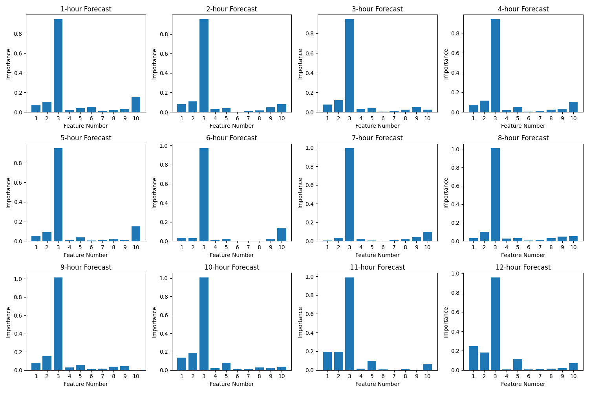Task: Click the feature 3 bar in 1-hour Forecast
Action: pos(58,66)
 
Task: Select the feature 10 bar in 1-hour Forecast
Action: pos(136,105)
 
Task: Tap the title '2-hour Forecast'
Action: pos(232,9)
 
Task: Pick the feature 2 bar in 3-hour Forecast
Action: pos(338,107)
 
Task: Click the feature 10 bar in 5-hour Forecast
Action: pos(136,234)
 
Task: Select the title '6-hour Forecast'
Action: pos(232,138)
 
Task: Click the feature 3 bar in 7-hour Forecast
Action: pos(349,195)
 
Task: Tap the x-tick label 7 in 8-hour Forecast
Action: pos(540,247)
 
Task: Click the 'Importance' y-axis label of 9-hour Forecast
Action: pos(8,322)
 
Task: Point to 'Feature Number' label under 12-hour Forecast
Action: pos(523,384)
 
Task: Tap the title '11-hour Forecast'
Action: pos(377,267)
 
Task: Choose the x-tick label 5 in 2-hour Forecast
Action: pos(226,118)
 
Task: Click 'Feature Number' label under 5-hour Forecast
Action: pos(86,255)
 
